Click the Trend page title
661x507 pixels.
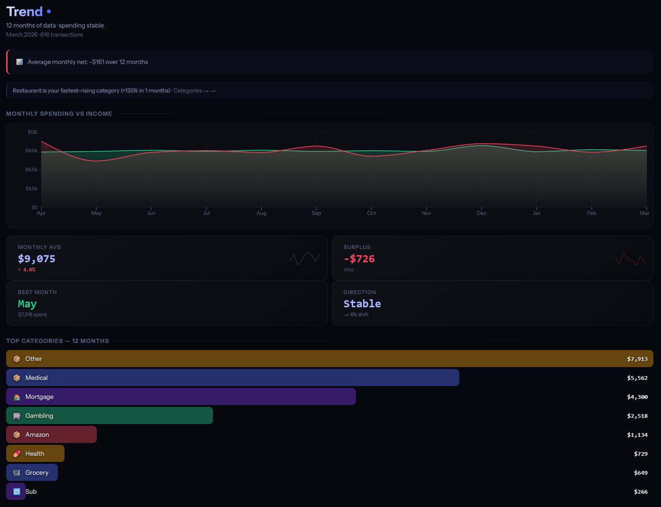[x=25, y=11]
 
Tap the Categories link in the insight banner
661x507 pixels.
[x=188, y=91]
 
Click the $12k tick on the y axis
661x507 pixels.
[x=32, y=132]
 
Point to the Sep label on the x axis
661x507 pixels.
[x=317, y=213]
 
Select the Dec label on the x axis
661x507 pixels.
[x=481, y=213]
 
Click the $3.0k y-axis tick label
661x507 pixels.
[x=31, y=188]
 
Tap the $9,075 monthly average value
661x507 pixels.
[x=37, y=258]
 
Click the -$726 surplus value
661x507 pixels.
[x=359, y=258]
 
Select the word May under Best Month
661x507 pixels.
[x=27, y=304]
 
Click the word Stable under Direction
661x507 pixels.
[x=362, y=304]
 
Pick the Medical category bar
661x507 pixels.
[x=233, y=378]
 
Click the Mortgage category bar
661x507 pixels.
[x=181, y=396]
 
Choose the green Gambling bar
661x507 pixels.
[x=110, y=415]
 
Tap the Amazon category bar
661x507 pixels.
[x=51, y=434]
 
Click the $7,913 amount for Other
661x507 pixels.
[x=637, y=359]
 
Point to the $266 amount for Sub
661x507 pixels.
[x=641, y=492]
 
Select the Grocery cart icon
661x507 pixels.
[x=17, y=473]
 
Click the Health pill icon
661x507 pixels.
[x=17, y=454]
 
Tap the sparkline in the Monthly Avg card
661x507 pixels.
[x=304, y=258]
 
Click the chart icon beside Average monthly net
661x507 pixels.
[x=19, y=62]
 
